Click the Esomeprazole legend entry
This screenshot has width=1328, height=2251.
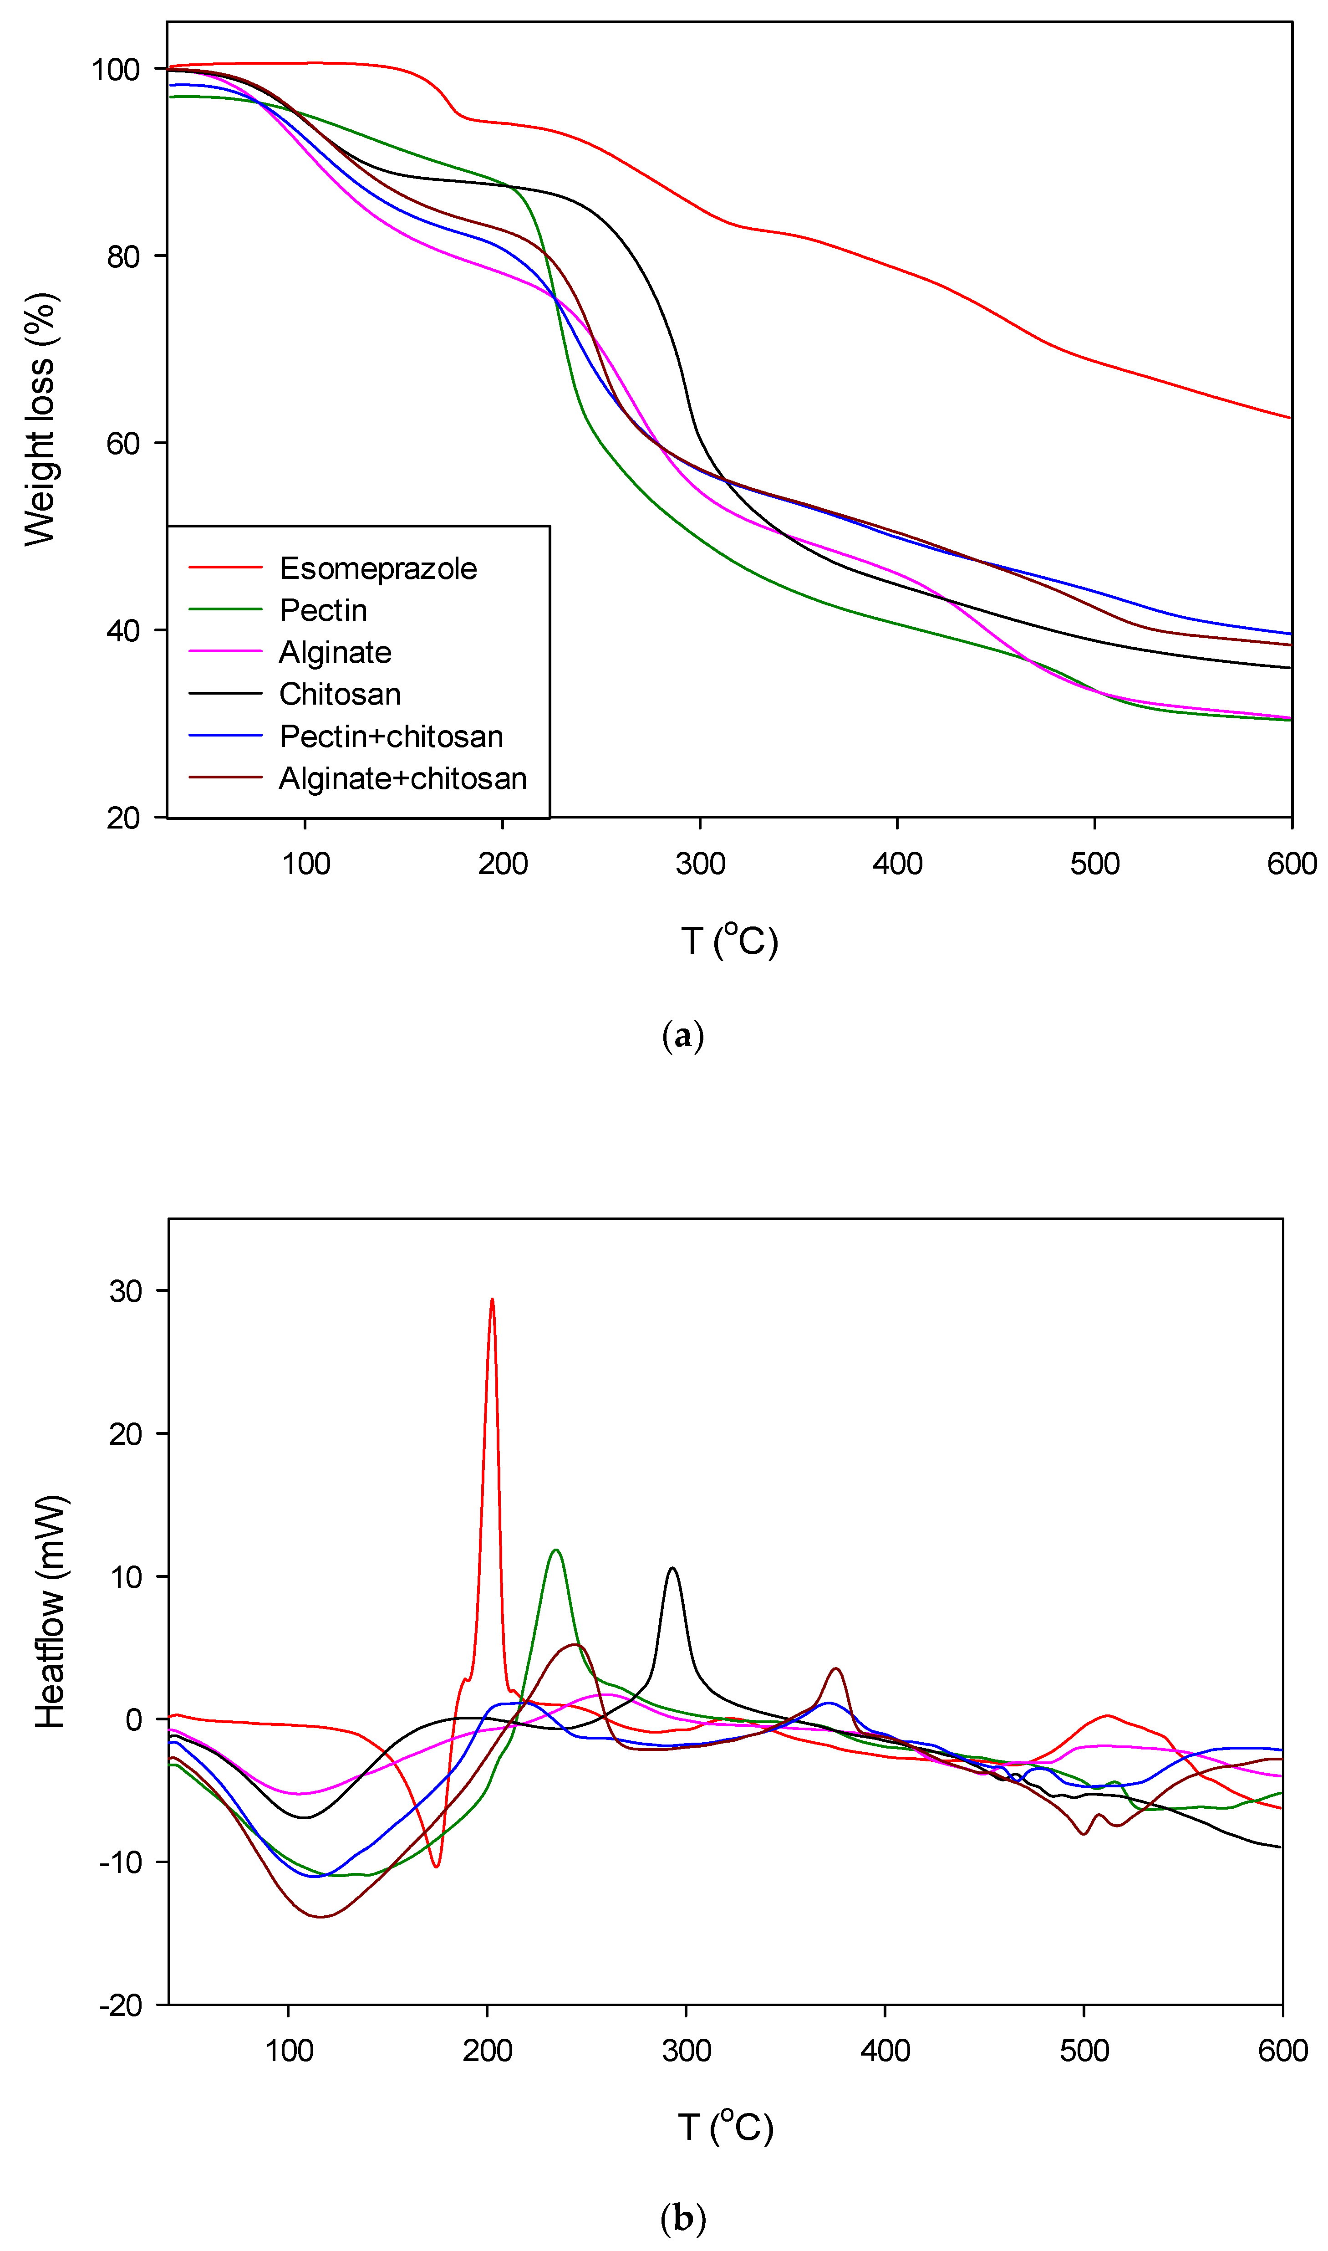tap(377, 568)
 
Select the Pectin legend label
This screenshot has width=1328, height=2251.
tap(323, 610)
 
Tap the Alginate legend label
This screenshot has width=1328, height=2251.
tap(335, 652)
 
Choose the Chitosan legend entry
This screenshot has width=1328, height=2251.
tap(339, 695)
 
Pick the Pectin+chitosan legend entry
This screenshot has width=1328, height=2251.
tap(391, 737)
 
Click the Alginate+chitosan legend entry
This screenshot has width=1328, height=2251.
tap(403, 779)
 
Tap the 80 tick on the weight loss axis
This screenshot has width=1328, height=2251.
tap(123, 257)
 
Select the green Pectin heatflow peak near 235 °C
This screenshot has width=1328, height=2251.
tap(557, 1550)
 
